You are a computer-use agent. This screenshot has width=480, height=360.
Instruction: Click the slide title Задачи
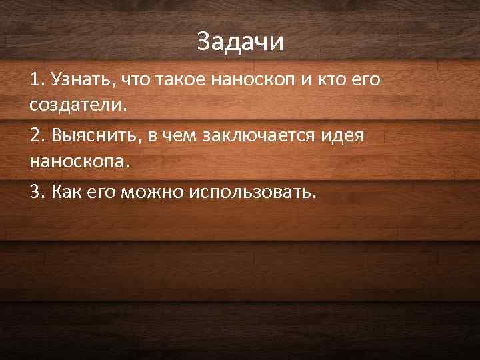pos(240,42)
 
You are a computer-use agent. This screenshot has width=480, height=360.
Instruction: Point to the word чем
pos(179,137)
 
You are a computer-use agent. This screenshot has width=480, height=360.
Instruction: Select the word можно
pos(154,192)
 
